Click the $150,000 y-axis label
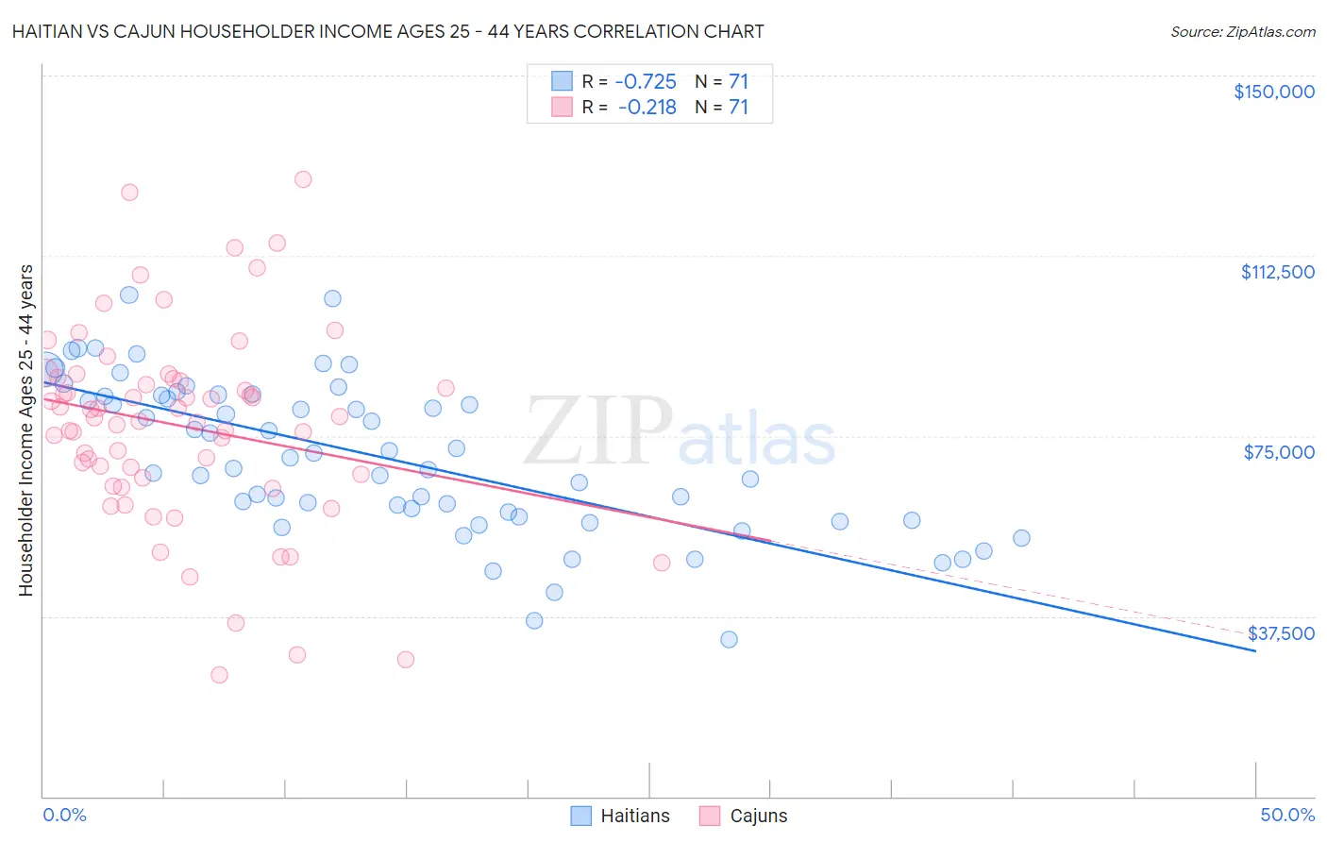(x=1273, y=92)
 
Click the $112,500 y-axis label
(x=1277, y=272)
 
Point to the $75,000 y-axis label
(x=1279, y=452)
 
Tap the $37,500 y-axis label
(x=1281, y=633)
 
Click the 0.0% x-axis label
(x=64, y=815)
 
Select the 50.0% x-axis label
(x=1287, y=815)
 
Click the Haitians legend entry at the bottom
(x=620, y=816)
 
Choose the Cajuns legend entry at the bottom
(x=743, y=816)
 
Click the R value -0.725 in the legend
(x=646, y=81)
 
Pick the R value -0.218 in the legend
(x=647, y=108)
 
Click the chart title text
(x=386, y=31)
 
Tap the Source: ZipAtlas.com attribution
(x=1242, y=31)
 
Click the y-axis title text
(x=26, y=430)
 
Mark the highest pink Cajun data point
(x=303, y=179)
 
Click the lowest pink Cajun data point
(x=219, y=675)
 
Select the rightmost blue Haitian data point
(x=1021, y=538)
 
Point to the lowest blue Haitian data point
(x=729, y=640)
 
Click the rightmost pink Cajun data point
(x=662, y=563)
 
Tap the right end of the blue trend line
(x=1255, y=651)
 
